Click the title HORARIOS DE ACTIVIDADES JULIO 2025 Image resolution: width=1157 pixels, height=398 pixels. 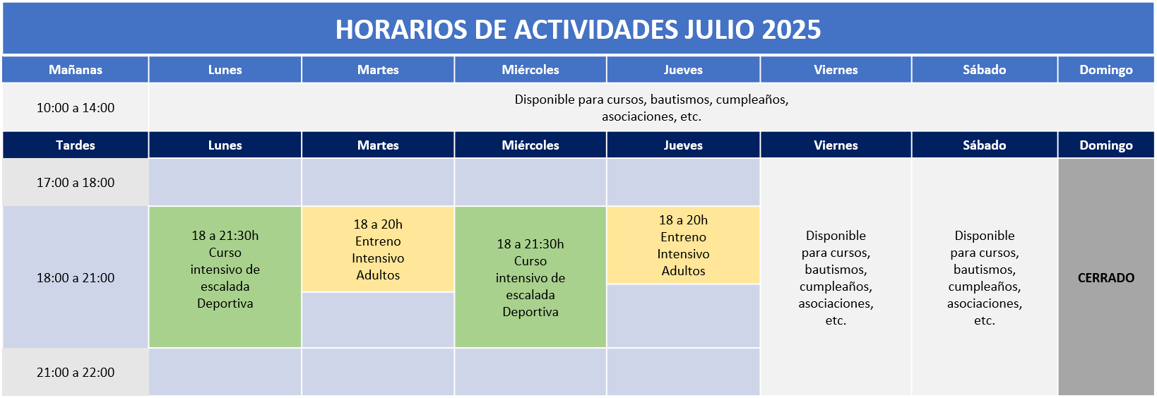point(578,30)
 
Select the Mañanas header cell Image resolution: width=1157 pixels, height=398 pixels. point(76,70)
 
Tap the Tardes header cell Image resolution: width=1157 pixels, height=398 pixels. point(76,145)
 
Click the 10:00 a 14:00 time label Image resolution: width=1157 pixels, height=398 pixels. point(76,108)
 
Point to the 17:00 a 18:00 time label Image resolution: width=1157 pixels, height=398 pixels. point(76,183)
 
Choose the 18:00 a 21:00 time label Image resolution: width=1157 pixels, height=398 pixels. point(76,278)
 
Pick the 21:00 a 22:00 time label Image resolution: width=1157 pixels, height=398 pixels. point(76,373)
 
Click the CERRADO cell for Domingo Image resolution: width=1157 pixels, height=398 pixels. point(1105,278)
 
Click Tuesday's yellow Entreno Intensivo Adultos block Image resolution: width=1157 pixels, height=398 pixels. point(378,250)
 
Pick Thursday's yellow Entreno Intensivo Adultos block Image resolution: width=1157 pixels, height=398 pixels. point(683,246)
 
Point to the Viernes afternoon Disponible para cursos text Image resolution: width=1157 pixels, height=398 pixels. point(836,278)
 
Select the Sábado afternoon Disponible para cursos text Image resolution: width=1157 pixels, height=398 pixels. point(984,278)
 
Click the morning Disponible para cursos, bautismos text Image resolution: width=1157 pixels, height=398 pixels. point(651,108)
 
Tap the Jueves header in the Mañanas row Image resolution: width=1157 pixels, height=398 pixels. point(683,70)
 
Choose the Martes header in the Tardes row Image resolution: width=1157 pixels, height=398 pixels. point(378,145)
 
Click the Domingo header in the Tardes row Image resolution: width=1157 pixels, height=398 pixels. point(1105,145)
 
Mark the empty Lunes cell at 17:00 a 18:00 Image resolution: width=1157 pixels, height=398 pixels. point(225,183)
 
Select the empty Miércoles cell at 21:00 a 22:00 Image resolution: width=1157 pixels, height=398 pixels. point(530,373)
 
